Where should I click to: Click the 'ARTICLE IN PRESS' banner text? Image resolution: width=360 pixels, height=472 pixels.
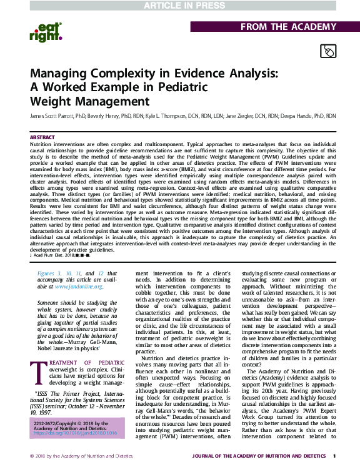(x=179, y=6)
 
